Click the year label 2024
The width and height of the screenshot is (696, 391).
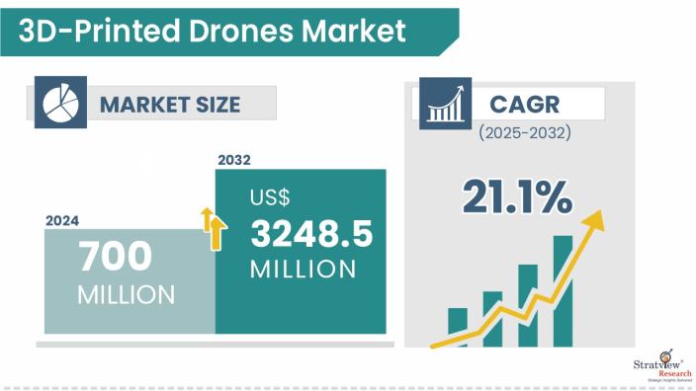tap(62, 220)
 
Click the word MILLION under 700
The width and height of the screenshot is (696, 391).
tap(126, 294)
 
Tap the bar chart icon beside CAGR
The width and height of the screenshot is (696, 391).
tap(444, 104)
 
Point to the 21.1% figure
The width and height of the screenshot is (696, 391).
tap(516, 197)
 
